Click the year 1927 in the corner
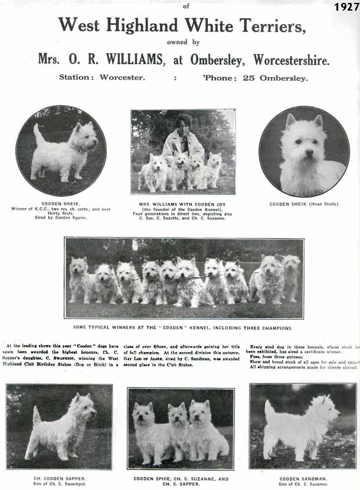(x=346, y=7)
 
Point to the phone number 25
(x=256, y=77)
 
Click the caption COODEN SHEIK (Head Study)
(x=303, y=204)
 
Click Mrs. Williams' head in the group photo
(x=184, y=121)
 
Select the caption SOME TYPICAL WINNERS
(x=183, y=327)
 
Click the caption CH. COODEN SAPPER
(x=59, y=478)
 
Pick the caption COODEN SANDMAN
(x=303, y=478)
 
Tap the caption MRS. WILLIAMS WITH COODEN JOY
(x=183, y=204)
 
